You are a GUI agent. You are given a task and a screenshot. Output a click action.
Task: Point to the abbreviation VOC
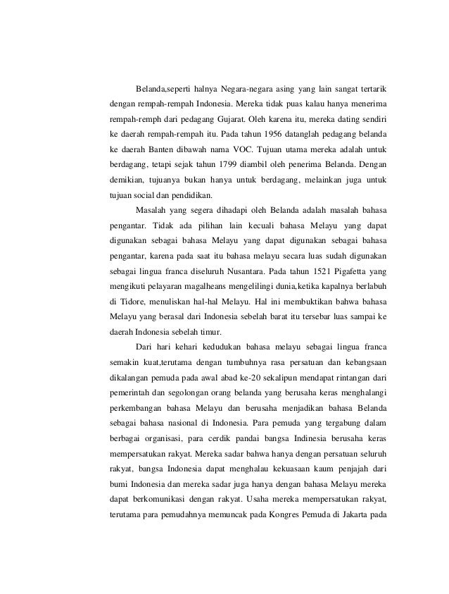tap(243, 149)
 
